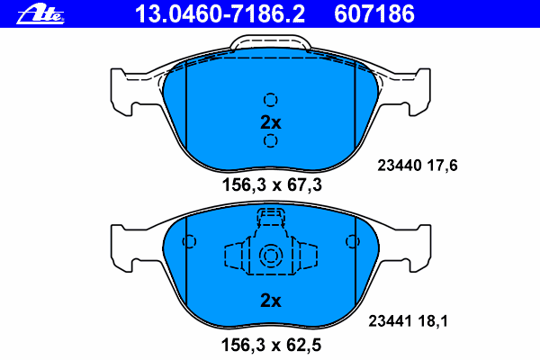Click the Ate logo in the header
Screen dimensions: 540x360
40,14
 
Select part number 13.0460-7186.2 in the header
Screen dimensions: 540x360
220,14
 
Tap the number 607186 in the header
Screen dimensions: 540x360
374,14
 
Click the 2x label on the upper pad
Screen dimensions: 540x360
271,122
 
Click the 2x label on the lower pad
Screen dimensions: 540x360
271,301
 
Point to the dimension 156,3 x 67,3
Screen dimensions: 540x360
272,185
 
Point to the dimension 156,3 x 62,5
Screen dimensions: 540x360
272,346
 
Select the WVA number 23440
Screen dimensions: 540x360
400,166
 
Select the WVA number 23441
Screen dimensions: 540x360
391,321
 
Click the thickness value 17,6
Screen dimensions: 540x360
443,166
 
